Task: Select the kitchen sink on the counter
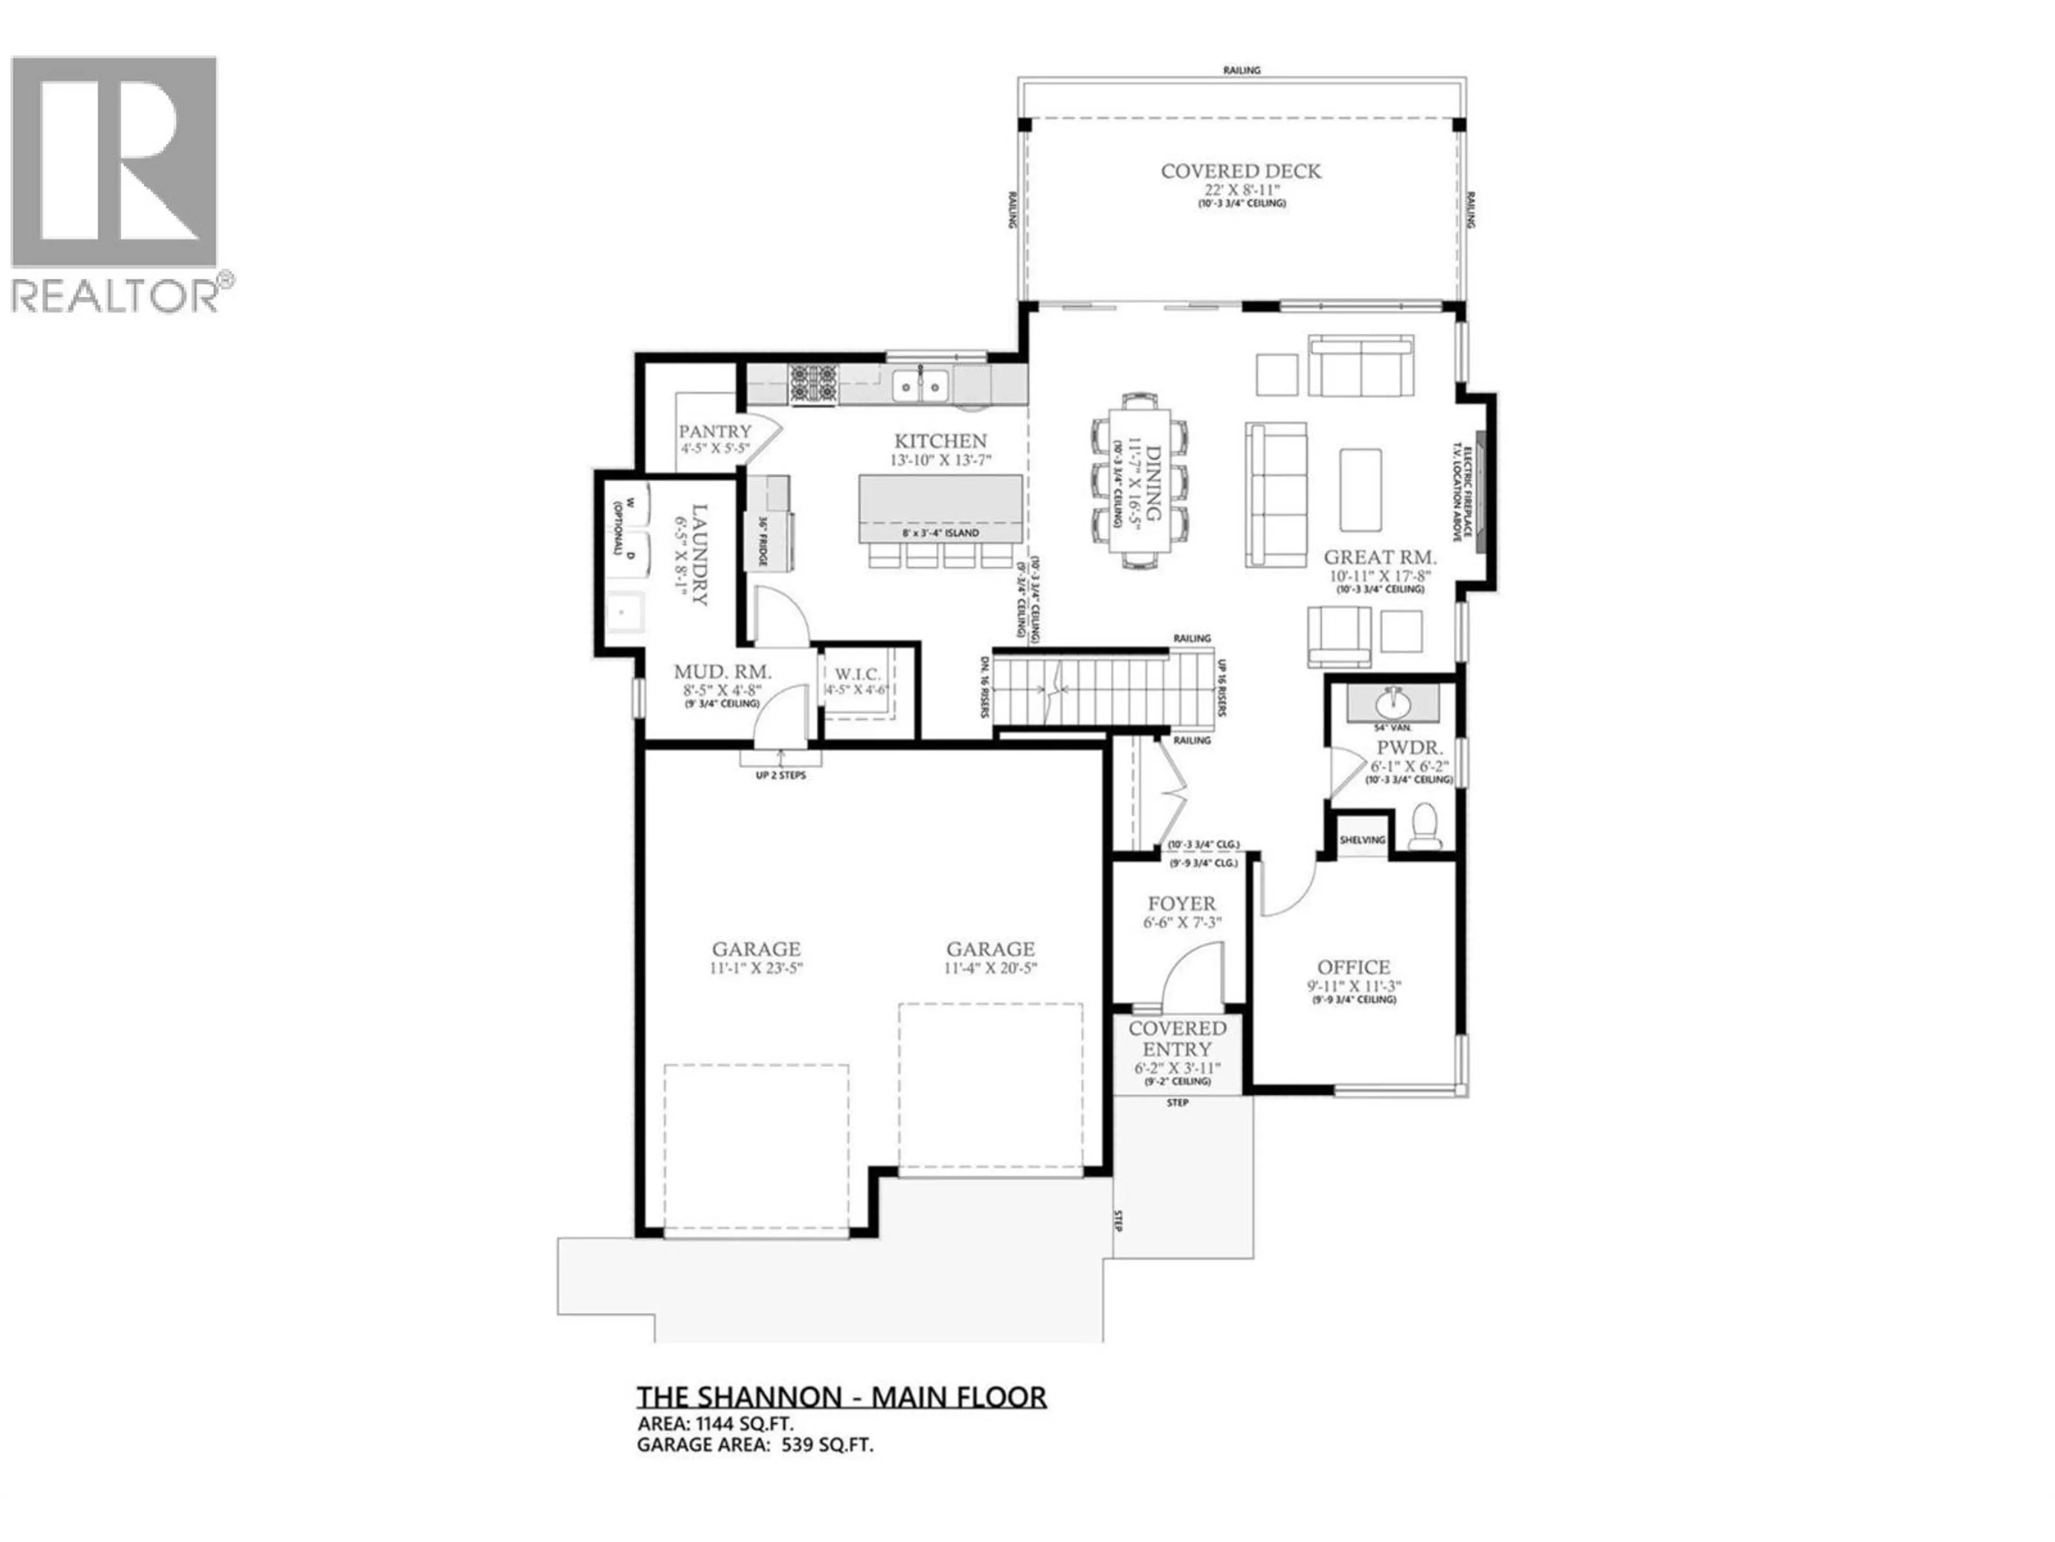pos(920,384)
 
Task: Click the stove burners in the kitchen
pos(814,384)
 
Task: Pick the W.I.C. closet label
pos(857,673)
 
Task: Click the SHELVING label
pos(1362,840)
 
